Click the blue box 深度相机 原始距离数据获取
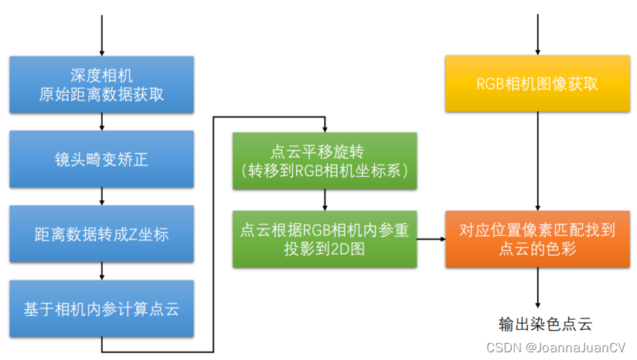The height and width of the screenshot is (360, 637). [x=101, y=85]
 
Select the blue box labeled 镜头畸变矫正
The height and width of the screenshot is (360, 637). [x=101, y=160]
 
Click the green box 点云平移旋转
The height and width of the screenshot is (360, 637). [x=325, y=161]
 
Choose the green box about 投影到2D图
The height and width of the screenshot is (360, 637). [x=325, y=239]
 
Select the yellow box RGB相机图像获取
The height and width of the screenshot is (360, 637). [x=538, y=84]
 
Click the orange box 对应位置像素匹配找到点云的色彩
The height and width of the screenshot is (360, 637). [x=538, y=239]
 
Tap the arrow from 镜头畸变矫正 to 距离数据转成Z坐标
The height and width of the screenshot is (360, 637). [x=102, y=197]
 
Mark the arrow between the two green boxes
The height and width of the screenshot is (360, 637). [x=325, y=200]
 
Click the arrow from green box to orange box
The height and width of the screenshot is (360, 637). [x=431, y=239]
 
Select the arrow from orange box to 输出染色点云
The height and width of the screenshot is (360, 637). [x=538, y=287]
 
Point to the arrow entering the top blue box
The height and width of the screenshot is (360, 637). [x=102, y=35]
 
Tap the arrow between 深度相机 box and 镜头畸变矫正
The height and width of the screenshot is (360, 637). [x=102, y=122]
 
